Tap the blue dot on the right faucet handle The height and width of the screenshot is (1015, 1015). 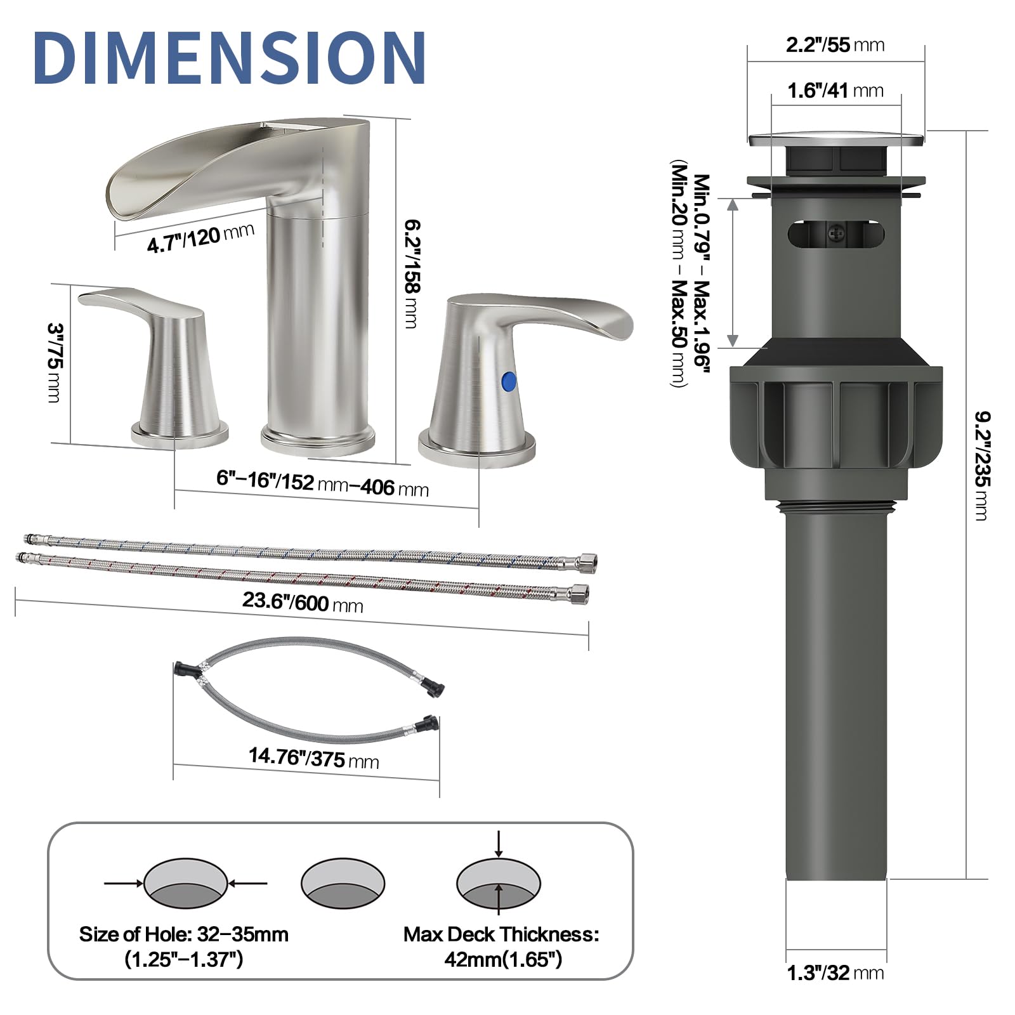(509, 382)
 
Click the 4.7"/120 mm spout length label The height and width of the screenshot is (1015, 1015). (200, 238)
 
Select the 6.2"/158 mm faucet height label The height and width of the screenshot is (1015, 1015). (412, 273)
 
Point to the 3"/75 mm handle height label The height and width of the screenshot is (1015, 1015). (55, 362)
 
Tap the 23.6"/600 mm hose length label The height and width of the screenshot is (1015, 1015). (303, 602)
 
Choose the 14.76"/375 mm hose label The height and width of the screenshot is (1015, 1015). (313, 757)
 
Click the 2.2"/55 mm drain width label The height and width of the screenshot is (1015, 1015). (835, 45)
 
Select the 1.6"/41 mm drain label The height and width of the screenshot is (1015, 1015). (835, 91)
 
